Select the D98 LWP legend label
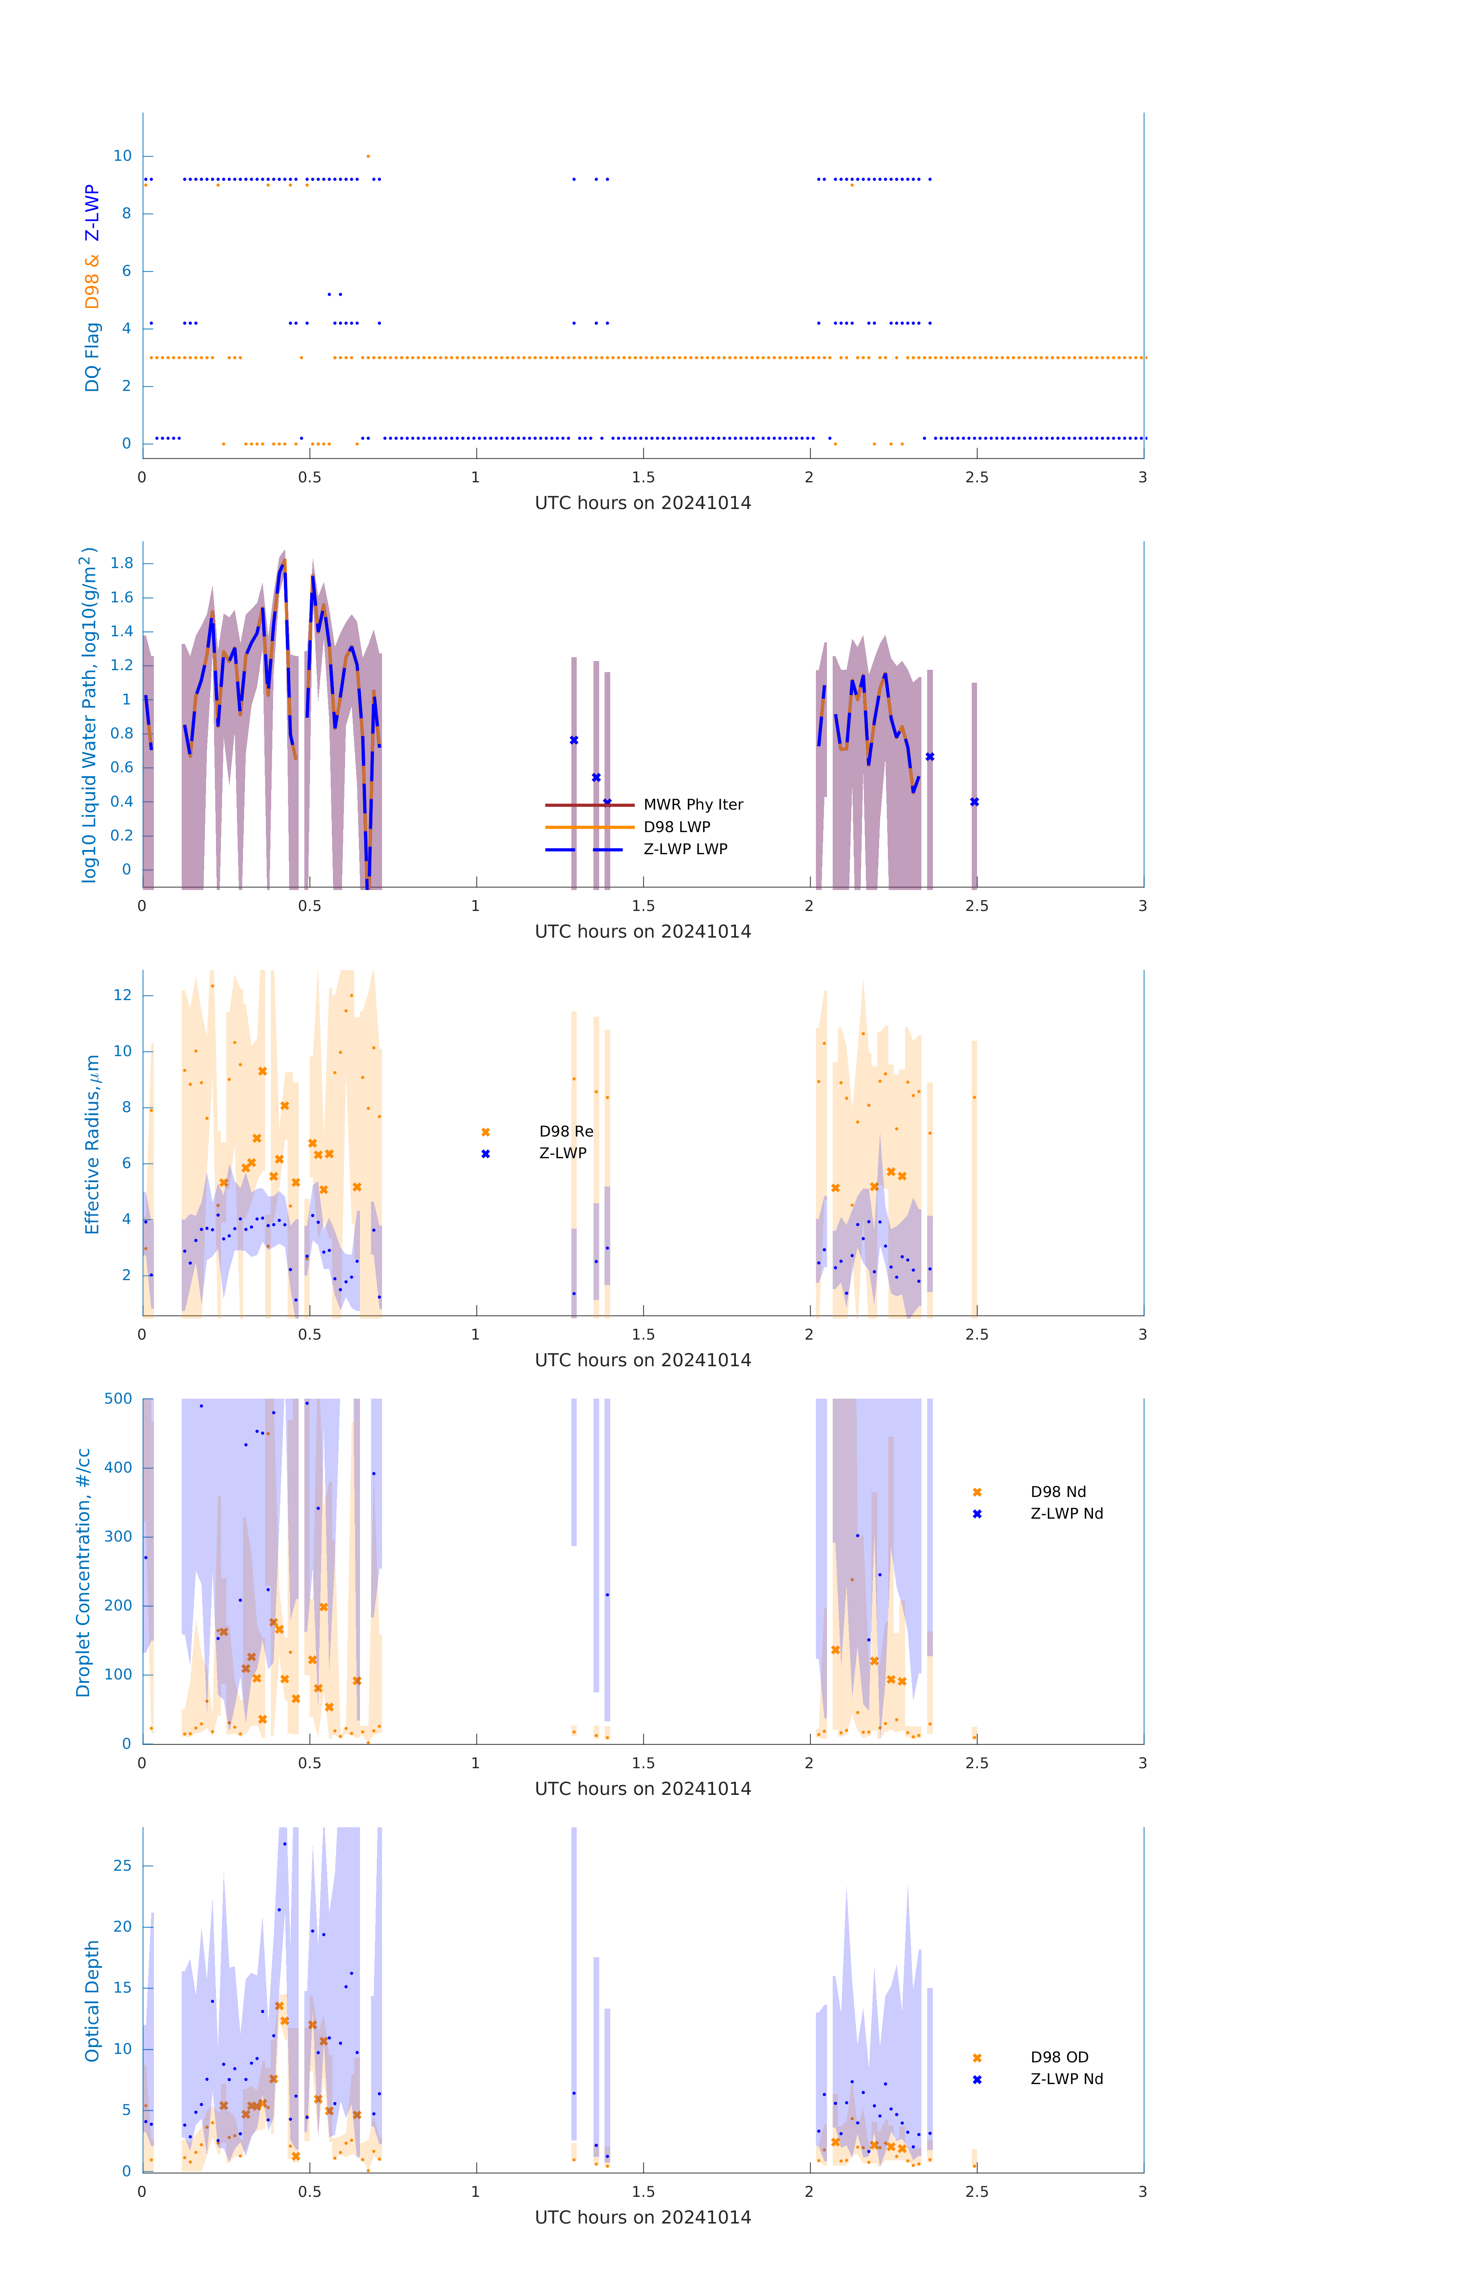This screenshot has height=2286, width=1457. (x=677, y=827)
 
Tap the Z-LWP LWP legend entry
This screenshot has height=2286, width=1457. (x=685, y=849)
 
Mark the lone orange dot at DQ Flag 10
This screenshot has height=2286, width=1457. (x=368, y=157)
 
